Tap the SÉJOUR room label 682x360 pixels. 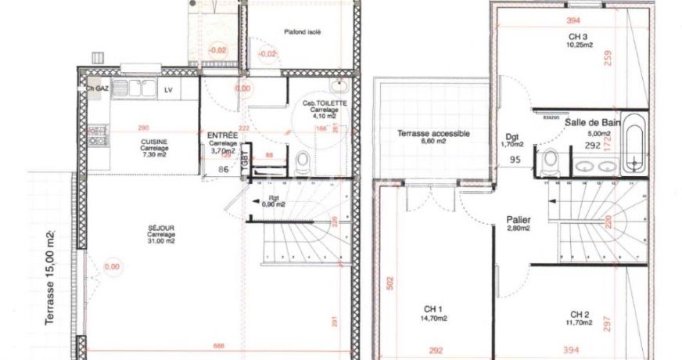tap(160, 230)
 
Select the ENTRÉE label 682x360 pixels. tap(222, 135)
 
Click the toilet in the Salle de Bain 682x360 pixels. tap(550, 161)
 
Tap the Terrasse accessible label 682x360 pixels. tap(433, 134)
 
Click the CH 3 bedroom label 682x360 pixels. tap(579, 37)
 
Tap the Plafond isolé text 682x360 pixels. tap(303, 32)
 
